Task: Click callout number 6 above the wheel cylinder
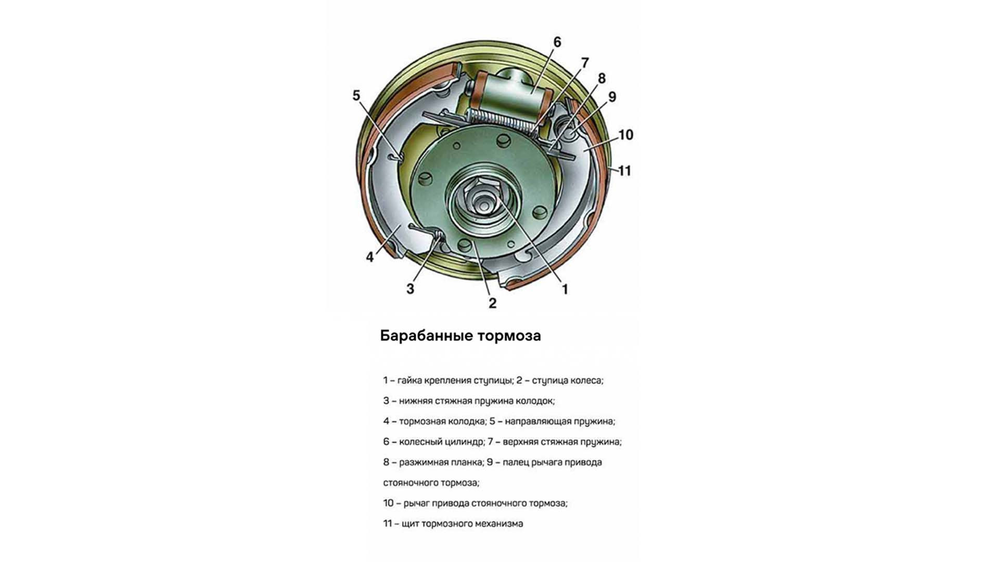click(557, 42)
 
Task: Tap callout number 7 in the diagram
click(585, 63)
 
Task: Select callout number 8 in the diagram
click(602, 79)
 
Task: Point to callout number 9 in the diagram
click(612, 97)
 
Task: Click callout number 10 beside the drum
click(625, 135)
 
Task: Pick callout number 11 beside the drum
click(624, 171)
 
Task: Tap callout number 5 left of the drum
click(356, 96)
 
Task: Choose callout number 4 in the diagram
click(370, 257)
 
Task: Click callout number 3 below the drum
click(410, 289)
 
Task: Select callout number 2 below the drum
click(492, 303)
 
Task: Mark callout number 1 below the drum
click(565, 289)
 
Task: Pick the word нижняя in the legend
click(414, 401)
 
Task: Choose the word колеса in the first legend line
click(586, 380)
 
